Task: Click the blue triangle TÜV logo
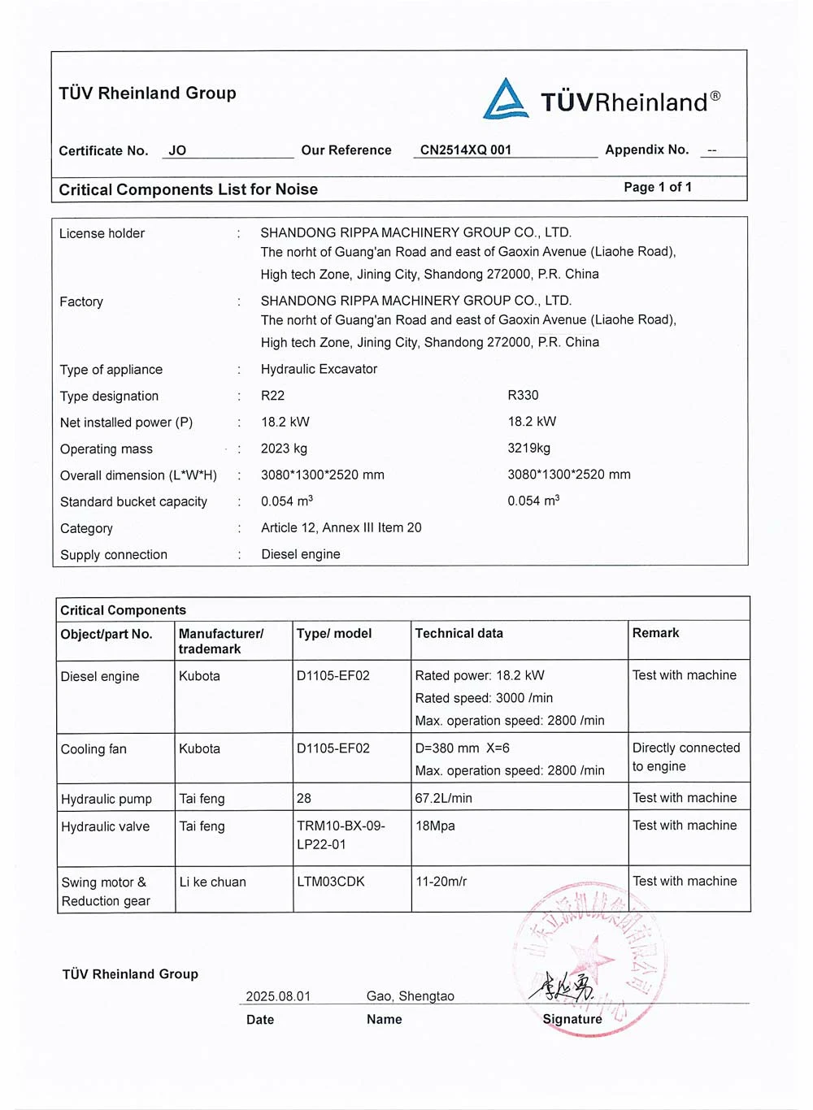pyautogui.click(x=506, y=100)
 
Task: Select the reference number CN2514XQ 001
pyautogui.click(x=466, y=150)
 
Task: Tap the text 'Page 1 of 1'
pyautogui.click(x=658, y=187)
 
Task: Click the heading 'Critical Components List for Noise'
pyautogui.click(x=188, y=189)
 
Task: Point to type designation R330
pyautogui.click(x=523, y=395)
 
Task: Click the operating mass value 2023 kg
pyautogui.click(x=284, y=449)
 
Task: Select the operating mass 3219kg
pyautogui.click(x=528, y=448)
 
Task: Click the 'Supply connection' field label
pyautogui.click(x=114, y=554)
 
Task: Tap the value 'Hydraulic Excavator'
pyautogui.click(x=319, y=369)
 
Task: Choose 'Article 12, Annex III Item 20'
pyautogui.click(x=341, y=527)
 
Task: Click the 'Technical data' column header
pyautogui.click(x=459, y=633)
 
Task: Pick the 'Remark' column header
pyautogui.click(x=655, y=633)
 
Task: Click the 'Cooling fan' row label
pyautogui.click(x=93, y=749)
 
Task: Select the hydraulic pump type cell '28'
pyautogui.click(x=304, y=798)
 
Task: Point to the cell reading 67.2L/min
pyautogui.click(x=443, y=798)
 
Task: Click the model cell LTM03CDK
pyautogui.click(x=330, y=882)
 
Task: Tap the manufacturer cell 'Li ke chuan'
pyautogui.click(x=212, y=882)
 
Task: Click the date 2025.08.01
pyautogui.click(x=278, y=996)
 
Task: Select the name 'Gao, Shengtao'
pyautogui.click(x=410, y=996)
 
